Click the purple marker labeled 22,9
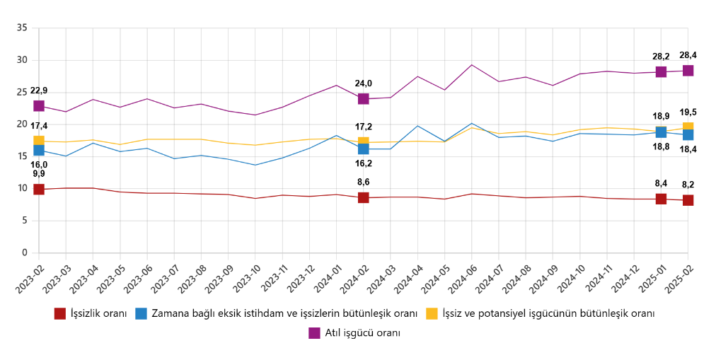click(39, 105)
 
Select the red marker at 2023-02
click(39, 189)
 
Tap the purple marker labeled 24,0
click(364, 98)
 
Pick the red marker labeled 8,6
click(364, 197)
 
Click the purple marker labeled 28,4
click(688, 70)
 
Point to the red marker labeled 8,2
click(688, 200)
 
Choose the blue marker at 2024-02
click(364, 149)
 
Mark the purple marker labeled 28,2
click(661, 71)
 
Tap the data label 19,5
click(688, 112)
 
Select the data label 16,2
click(364, 163)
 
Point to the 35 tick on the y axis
click(22, 28)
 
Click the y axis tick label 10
click(22, 189)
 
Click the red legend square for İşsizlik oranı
click(60, 313)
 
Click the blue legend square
click(141, 313)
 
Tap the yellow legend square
click(432, 313)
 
